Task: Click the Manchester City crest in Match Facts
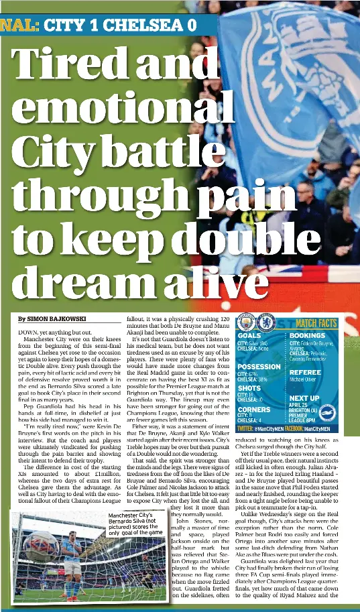coord(247,322)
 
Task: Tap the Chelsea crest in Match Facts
coord(266,322)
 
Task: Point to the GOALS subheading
coord(249,335)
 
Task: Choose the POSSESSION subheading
coord(259,367)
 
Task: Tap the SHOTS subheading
coord(249,388)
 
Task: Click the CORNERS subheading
coord(255,409)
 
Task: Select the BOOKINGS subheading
coord(307,335)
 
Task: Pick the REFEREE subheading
coord(305,372)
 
